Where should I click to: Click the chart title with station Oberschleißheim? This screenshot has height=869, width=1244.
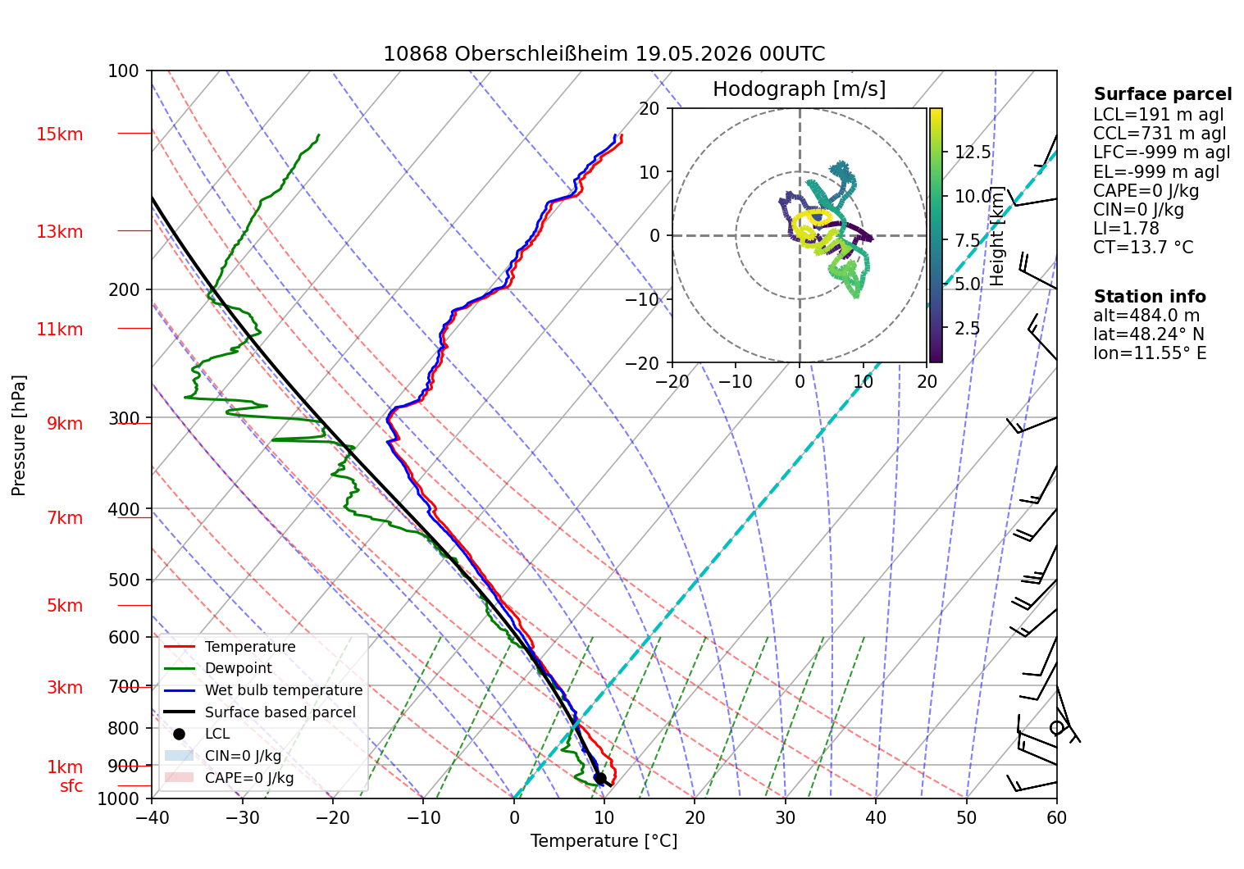point(604,54)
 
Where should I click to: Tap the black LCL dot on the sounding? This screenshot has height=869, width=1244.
point(599,778)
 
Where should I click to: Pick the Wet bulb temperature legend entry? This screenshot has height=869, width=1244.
point(264,690)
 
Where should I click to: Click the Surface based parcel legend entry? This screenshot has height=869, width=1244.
point(260,712)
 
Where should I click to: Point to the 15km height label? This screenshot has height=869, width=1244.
point(59,134)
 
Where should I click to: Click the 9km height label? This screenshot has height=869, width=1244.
point(65,424)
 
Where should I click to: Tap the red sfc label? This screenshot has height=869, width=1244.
point(71,786)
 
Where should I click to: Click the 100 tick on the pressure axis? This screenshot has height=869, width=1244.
point(123,71)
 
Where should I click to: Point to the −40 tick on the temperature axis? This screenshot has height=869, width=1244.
point(152,818)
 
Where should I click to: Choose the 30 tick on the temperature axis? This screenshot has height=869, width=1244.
point(786,818)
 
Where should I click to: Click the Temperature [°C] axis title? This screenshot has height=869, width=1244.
point(604,841)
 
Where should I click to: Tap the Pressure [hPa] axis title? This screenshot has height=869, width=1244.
point(18,435)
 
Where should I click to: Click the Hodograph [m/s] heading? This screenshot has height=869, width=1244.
point(800,89)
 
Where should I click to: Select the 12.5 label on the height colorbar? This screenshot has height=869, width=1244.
point(973,152)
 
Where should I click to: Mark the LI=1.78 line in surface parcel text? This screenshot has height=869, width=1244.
point(1126,228)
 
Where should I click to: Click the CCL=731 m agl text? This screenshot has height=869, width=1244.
point(1159,134)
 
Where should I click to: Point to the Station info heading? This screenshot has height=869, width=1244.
point(1150,297)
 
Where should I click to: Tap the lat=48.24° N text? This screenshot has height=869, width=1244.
point(1149,334)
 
